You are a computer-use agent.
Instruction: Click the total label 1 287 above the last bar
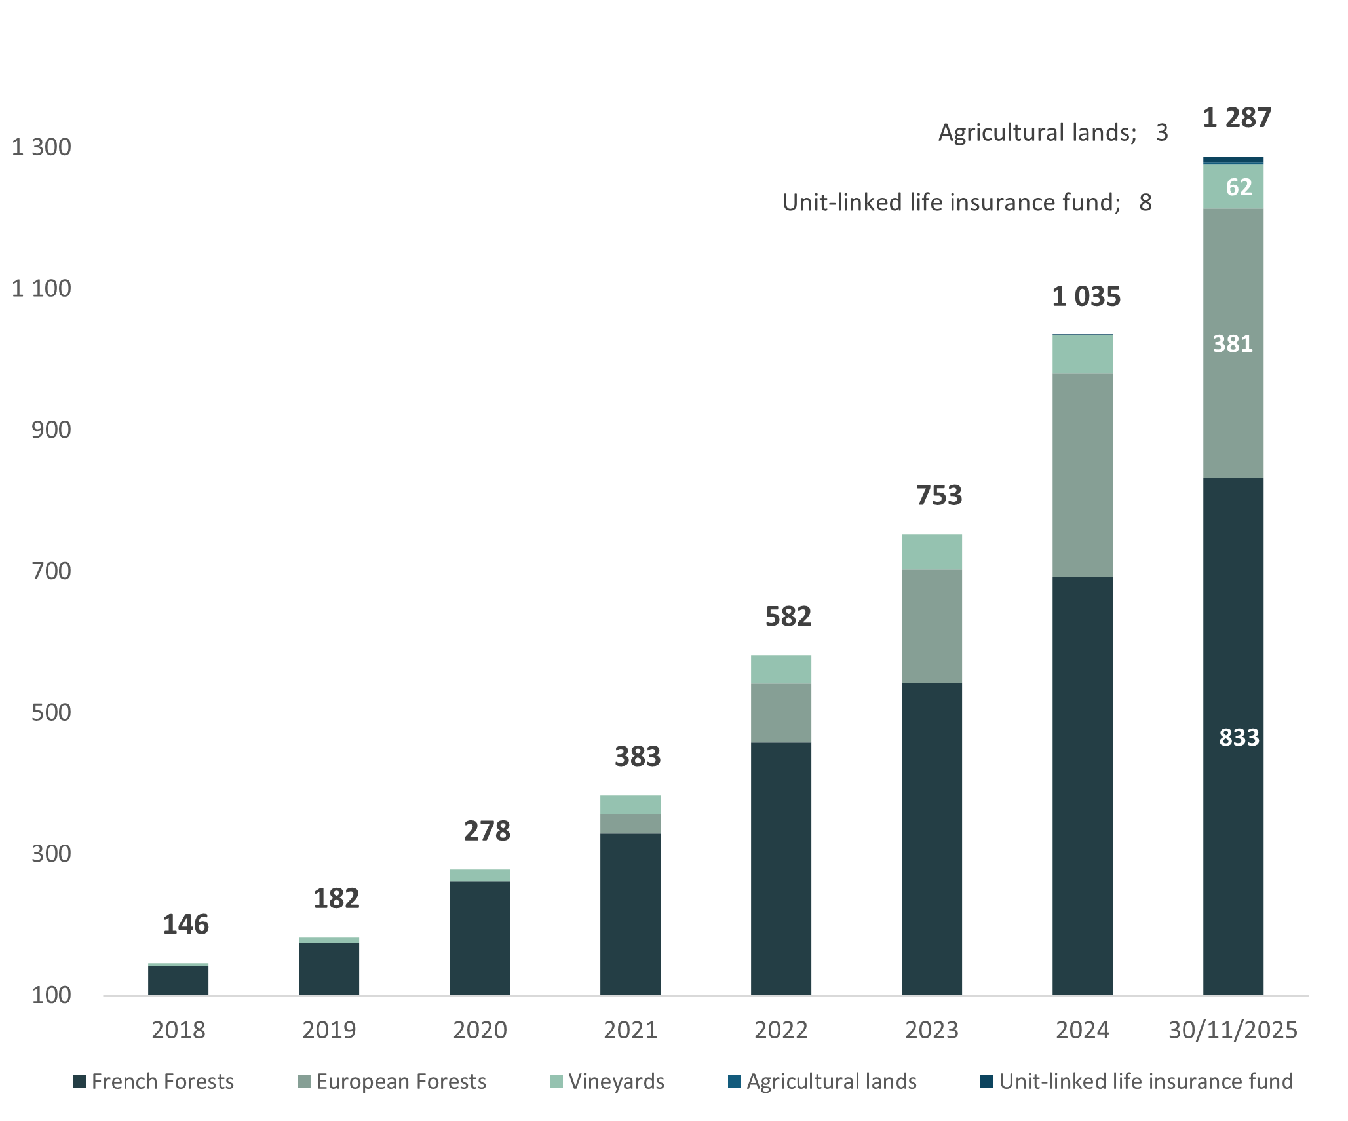pyautogui.click(x=1237, y=118)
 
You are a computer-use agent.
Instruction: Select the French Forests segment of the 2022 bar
pyautogui.click(x=781, y=868)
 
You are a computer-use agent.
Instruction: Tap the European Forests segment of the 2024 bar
pyautogui.click(x=1083, y=475)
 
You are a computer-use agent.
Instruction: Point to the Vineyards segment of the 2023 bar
pyautogui.click(x=932, y=552)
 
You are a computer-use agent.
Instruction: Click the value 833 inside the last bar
pyautogui.click(x=1239, y=737)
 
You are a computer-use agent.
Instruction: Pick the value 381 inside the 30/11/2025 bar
pyautogui.click(x=1233, y=343)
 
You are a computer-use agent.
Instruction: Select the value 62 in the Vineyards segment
pyautogui.click(x=1239, y=187)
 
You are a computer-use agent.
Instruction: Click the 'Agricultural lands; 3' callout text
pyautogui.click(x=1052, y=132)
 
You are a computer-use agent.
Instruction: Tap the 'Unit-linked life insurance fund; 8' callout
pyautogui.click(x=967, y=202)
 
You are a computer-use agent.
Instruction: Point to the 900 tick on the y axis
pyautogui.click(x=51, y=430)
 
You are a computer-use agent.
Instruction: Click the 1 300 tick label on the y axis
pyautogui.click(x=41, y=147)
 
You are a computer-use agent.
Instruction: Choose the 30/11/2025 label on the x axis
pyautogui.click(x=1233, y=1030)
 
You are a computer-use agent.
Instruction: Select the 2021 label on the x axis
pyautogui.click(x=630, y=1030)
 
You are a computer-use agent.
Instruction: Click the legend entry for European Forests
pyautogui.click(x=392, y=1081)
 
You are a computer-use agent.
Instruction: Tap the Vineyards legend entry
pyautogui.click(x=607, y=1081)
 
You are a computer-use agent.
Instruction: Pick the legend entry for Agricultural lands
pyautogui.click(x=822, y=1081)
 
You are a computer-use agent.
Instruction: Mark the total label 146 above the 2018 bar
pyautogui.click(x=185, y=924)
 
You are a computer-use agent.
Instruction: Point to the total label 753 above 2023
pyautogui.click(x=939, y=495)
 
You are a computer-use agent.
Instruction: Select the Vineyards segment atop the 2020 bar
pyautogui.click(x=480, y=875)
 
